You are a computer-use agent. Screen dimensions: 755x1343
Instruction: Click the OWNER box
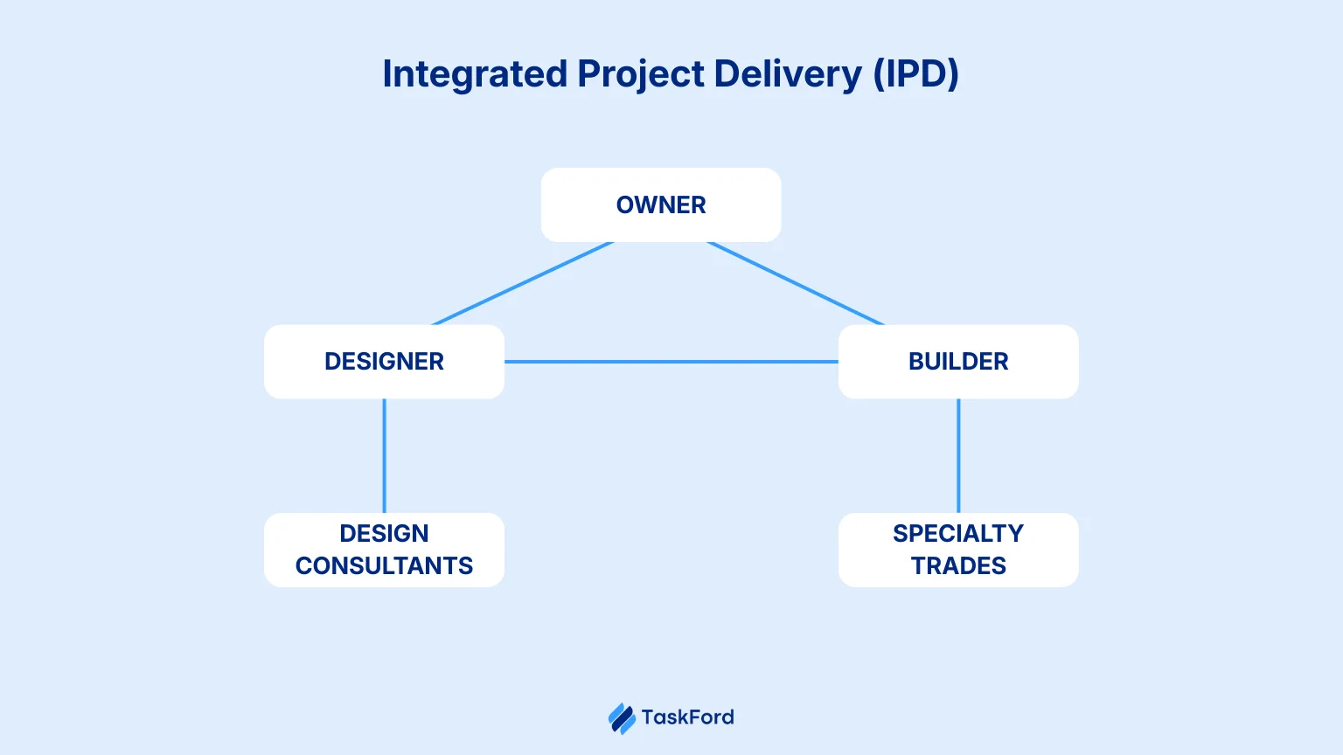[x=661, y=204]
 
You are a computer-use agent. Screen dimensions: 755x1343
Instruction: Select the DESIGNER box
[x=384, y=362]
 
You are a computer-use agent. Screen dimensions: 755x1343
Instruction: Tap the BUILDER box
[x=958, y=362]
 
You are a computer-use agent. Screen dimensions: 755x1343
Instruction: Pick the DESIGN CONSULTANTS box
[x=384, y=550]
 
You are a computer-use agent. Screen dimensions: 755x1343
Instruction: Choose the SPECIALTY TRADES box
[x=958, y=550]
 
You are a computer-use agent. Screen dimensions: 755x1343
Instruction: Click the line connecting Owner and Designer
[x=523, y=283]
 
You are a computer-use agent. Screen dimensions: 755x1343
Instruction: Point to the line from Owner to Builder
[x=796, y=283]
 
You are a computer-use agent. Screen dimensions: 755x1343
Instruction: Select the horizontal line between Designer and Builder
[x=671, y=362]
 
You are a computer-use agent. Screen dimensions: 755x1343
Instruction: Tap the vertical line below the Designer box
[x=384, y=455]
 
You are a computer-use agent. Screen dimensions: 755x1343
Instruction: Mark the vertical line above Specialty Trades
[x=958, y=455]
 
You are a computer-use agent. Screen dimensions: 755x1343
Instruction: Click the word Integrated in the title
[x=475, y=75]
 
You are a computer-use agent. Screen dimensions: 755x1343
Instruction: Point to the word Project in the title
[x=641, y=75]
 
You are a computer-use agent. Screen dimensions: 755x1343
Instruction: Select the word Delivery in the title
[x=787, y=75]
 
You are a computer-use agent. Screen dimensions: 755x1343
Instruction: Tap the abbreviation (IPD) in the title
[x=915, y=75]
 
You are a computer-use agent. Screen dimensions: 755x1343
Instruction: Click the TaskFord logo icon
[x=622, y=718]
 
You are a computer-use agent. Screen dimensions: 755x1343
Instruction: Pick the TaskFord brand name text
[x=687, y=717]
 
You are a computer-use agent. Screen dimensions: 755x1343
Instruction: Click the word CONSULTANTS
[x=384, y=566]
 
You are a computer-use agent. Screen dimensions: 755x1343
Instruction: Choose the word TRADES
[x=958, y=566]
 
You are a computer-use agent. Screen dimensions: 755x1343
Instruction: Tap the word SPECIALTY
[x=958, y=533]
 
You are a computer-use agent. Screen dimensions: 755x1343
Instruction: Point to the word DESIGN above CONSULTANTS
[x=384, y=533]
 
